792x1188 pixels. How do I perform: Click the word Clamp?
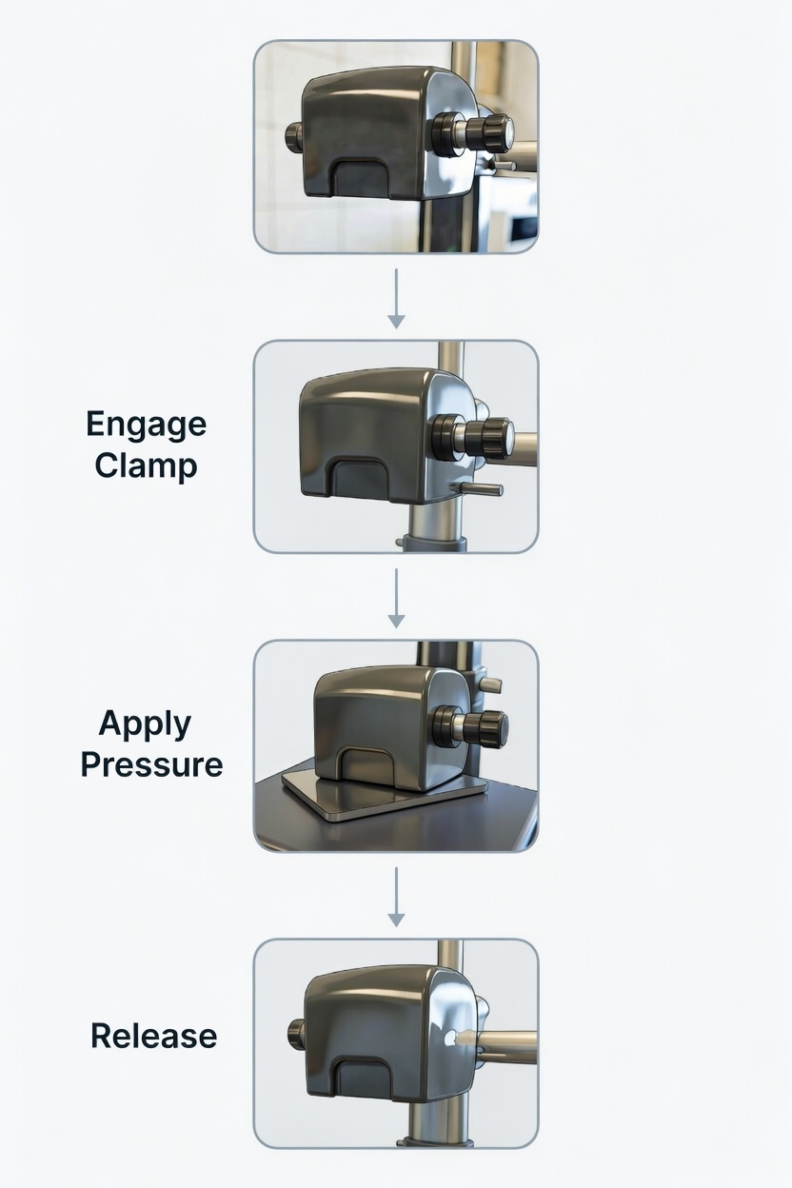146,465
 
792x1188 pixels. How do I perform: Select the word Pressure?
151,764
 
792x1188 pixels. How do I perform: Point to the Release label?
154,1036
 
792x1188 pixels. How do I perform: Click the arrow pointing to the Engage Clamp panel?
396,299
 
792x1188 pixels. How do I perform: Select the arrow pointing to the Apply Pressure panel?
396,598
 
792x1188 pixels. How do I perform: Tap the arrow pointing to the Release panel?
396,898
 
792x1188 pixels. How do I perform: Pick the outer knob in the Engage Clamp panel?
493,439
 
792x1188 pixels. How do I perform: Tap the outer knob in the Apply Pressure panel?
490,729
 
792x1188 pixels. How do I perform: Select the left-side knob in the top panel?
295,138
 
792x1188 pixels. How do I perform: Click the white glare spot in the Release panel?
454,1037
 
